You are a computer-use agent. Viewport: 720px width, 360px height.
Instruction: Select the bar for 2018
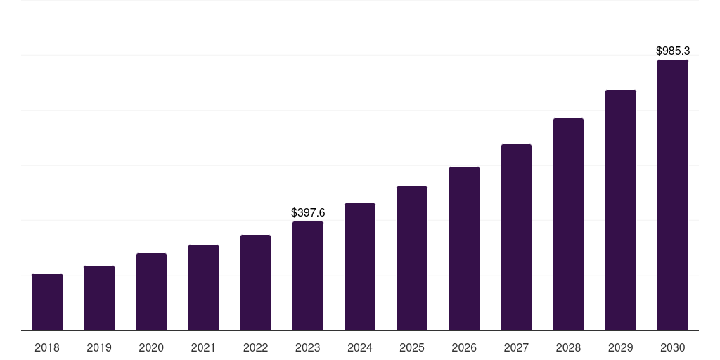(x=47, y=302)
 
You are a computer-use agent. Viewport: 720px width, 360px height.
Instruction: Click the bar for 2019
(x=99, y=298)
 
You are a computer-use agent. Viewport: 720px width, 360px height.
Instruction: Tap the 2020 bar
(x=151, y=292)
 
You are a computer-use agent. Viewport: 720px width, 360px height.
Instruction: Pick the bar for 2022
(x=255, y=283)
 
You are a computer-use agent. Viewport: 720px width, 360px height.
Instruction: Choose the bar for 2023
(x=308, y=276)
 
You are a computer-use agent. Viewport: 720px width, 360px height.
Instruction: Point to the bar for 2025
(x=412, y=258)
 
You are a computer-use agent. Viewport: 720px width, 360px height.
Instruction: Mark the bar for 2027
(x=516, y=237)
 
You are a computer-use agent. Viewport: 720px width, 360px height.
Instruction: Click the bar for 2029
(x=621, y=210)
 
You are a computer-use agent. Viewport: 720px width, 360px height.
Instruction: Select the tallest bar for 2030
(x=673, y=195)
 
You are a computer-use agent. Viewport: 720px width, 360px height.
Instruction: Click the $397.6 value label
(x=308, y=212)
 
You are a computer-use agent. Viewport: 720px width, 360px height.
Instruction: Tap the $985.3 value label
(x=673, y=51)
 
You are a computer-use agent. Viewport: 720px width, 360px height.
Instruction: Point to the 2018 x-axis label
(x=47, y=347)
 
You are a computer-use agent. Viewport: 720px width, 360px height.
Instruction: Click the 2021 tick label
(x=203, y=347)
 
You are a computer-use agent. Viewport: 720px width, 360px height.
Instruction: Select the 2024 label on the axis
(x=360, y=347)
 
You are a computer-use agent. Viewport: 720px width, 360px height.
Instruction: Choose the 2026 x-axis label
(x=464, y=347)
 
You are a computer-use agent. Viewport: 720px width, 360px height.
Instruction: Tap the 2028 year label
(x=568, y=347)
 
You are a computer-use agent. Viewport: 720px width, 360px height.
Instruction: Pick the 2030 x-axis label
(x=673, y=347)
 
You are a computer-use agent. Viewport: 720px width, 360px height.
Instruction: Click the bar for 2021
(x=203, y=288)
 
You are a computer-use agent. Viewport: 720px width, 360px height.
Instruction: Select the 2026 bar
(x=464, y=248)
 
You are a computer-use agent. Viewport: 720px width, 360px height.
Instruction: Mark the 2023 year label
(x=308, y=347)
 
